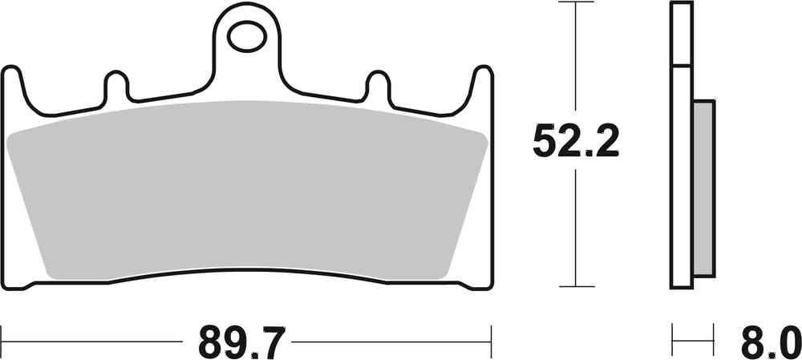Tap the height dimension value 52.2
pos(575,144)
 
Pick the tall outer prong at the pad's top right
pos(482,85)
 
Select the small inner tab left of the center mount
pos(117,86)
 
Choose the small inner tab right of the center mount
pos(377,86)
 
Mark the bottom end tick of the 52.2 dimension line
pos(575,286)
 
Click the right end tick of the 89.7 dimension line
pos(489,332)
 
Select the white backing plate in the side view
pos(681,160)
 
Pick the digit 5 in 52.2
pos(545,144)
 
